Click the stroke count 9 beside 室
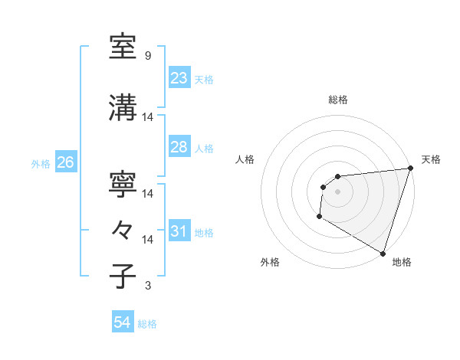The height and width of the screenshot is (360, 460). click(147, 56)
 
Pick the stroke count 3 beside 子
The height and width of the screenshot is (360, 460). click(147, 286)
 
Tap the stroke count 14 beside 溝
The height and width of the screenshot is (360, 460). click(148, 117)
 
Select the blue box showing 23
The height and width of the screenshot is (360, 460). click(179, 78)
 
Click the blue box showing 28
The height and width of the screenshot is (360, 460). click(179, 147)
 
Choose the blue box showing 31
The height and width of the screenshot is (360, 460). click(179, 231)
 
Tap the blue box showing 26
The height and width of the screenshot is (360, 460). click(65, 162)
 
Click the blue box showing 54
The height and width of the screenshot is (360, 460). click(123, 322)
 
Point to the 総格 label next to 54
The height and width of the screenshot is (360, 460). click(147, 324)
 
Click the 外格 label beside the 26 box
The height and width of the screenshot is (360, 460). click(41, 163)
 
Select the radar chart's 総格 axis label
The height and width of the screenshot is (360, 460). click(337, 100)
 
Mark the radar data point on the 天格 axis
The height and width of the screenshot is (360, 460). click(410, 169)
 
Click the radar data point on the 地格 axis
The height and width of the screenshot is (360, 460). click(383, 254)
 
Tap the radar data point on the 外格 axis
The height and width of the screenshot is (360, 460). click(318, 218)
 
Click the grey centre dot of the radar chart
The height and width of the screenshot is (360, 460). click(337, 191)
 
